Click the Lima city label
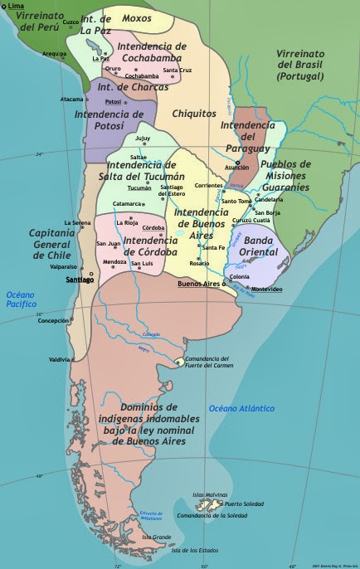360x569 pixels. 16,6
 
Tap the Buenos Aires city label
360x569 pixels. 199,284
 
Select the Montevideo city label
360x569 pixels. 267,289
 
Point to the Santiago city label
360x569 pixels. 80,280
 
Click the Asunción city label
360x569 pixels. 236,167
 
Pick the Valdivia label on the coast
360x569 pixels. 60,359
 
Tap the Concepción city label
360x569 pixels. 52,320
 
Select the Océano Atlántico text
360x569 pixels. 241,408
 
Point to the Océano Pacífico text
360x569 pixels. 22,299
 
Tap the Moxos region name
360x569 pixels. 137,17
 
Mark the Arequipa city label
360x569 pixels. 54,54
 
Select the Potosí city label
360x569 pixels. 113,101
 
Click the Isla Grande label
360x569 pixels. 156,537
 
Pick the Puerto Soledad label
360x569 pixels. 245,504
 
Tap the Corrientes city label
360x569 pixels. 209,185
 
